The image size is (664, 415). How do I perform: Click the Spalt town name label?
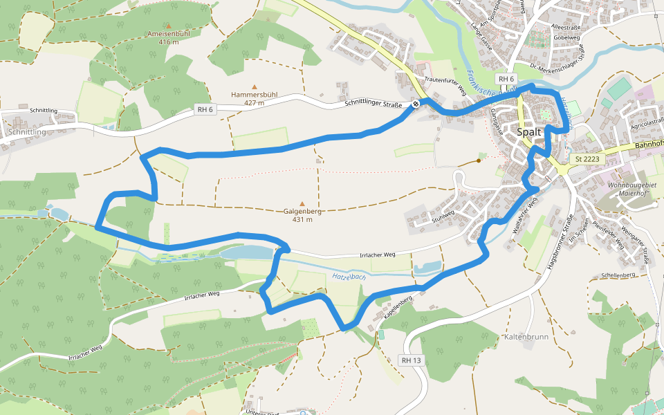click(x=529, y=131)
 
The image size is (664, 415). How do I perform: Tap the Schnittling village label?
click(x=27, y=131)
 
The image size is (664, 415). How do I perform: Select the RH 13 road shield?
click(x=411, y=360)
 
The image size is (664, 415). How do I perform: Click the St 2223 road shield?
click(x=585, y=159)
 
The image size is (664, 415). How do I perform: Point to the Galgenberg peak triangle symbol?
click(x=302, y=203)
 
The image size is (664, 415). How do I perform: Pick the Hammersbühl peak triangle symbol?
click(x=254, y=87)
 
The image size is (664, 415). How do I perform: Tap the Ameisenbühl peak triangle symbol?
click(x=167, y=26)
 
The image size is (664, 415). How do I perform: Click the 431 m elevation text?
click(x=302, y=219)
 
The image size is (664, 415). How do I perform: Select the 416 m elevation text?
click(x=168, y=41)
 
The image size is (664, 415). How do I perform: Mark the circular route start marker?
click(x=416, y=104)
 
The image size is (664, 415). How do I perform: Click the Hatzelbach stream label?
click(x=349, y=277)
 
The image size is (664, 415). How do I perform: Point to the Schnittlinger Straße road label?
click(x=373, y=104)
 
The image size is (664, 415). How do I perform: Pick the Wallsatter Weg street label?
click(x=523, y=219)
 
